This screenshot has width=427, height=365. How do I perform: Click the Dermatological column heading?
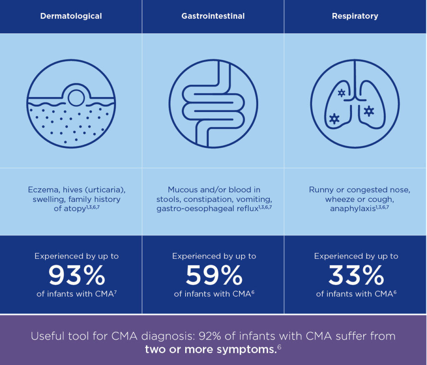click(x=71, y=16)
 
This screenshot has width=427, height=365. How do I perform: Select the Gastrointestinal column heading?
click(x=213, y=16)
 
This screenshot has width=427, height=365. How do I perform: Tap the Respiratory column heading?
click(x=355, y=16)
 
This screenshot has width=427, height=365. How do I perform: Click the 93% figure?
click(x=77, y=275)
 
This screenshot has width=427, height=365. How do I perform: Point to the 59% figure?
click(x=214, y=275)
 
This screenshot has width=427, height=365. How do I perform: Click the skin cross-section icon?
click(x=71, y=104)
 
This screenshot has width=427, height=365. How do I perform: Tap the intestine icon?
click(x=213, y=104)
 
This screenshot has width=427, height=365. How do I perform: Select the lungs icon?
click(x=355, y=104)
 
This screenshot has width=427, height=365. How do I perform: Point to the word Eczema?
click(x=41, y=190)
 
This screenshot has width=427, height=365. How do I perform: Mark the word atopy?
click(x=75, y=209)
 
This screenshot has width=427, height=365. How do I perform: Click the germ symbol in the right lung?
click(x=369, y=111)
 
